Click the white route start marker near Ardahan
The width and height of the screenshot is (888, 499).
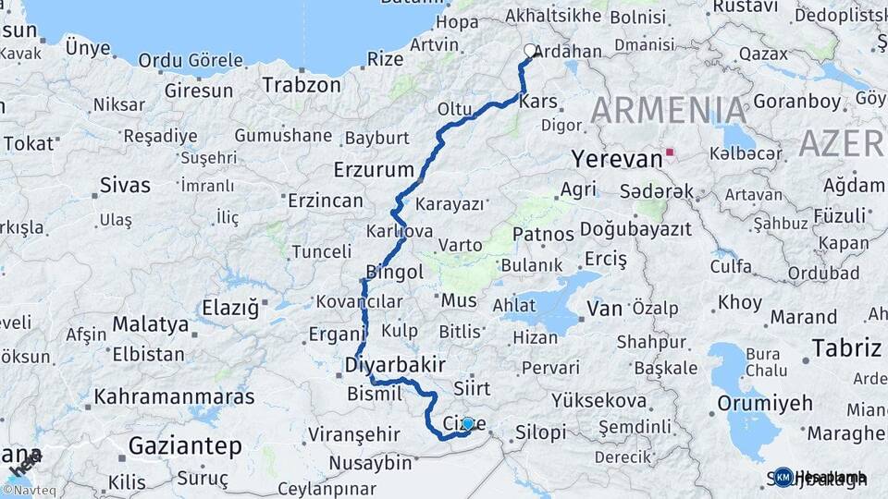pyautogui.click(x=531, y=51)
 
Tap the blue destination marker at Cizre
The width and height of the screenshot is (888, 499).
pyautogui.click(x=468, y=423)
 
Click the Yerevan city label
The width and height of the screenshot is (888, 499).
pyautogui.click(x=616, y=158)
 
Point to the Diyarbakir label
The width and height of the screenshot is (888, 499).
pyautogui.click(x=395, y=363)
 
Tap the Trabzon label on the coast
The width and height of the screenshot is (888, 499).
pyautogui.click(x=302, y=85)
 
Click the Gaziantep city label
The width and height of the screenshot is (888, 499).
pyautogui.click(x=185, y=446)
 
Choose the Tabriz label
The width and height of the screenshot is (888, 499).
pyautogui.click(x=846, y=348)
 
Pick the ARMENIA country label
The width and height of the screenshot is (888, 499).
pyautogui.click(x=669, y=110)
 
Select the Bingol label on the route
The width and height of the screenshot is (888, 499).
pyautogui.click(x=395, y=272)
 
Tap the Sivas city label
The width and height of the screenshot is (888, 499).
pyautogui.click(x=125, y=185)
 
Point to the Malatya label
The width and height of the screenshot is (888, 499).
pyautogui.click(x=150, y=324)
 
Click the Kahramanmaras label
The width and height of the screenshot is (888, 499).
pyautogui.click(x=174, y=397)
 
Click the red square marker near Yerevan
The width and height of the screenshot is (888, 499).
pyautogui.click(x=669, y=152)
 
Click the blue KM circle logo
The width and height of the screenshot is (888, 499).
pyautogui.click(x=783, y=477)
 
